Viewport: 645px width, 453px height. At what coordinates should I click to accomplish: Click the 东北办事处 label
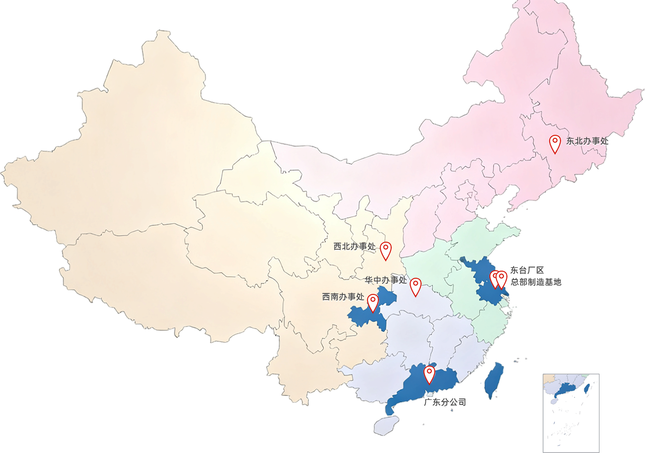tap(587, 141)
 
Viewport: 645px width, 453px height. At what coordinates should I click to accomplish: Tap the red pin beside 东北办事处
tap(554, 143)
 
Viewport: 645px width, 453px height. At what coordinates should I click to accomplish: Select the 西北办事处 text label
tap(354, 246)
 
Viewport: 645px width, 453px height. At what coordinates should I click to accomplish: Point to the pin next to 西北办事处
tap(386, 250)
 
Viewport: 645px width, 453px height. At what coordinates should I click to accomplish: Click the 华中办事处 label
tap(385, 280)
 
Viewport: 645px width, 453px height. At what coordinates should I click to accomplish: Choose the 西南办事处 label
tap(343, 297)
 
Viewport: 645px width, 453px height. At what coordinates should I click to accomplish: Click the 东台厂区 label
tap(527, 271)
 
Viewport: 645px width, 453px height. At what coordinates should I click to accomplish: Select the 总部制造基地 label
tap(536, 282)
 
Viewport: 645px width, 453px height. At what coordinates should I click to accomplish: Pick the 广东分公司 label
tap(445, 403)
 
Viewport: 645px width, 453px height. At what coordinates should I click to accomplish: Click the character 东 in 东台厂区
tap(515, 271)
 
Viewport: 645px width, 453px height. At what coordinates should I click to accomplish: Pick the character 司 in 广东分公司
tap(461, 403)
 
